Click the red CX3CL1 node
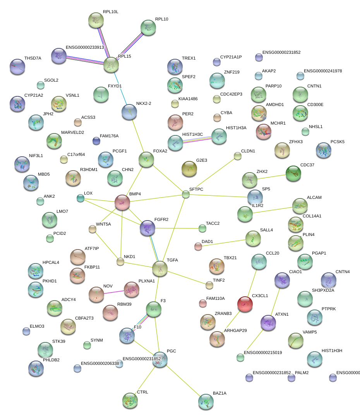(245, 304)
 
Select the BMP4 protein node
(122, 202)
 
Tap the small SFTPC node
(186, 194)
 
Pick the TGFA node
(160, 268)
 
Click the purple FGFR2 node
(147, 228)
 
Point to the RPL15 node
(111, 65)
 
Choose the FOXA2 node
(146, 159)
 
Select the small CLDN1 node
(237, 156)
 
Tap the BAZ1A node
(206, 402)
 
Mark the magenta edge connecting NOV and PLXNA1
(114, 292)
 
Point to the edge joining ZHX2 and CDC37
(271, 177)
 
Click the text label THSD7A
(33, 58)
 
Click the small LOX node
(80, 198)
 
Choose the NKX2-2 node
(129, 112)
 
